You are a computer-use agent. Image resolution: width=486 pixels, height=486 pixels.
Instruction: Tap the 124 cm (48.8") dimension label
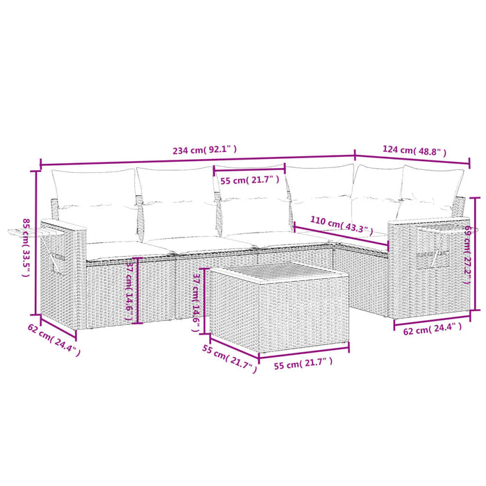point(414,151)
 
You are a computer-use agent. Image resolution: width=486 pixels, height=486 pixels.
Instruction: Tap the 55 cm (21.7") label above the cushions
point(250,180)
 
